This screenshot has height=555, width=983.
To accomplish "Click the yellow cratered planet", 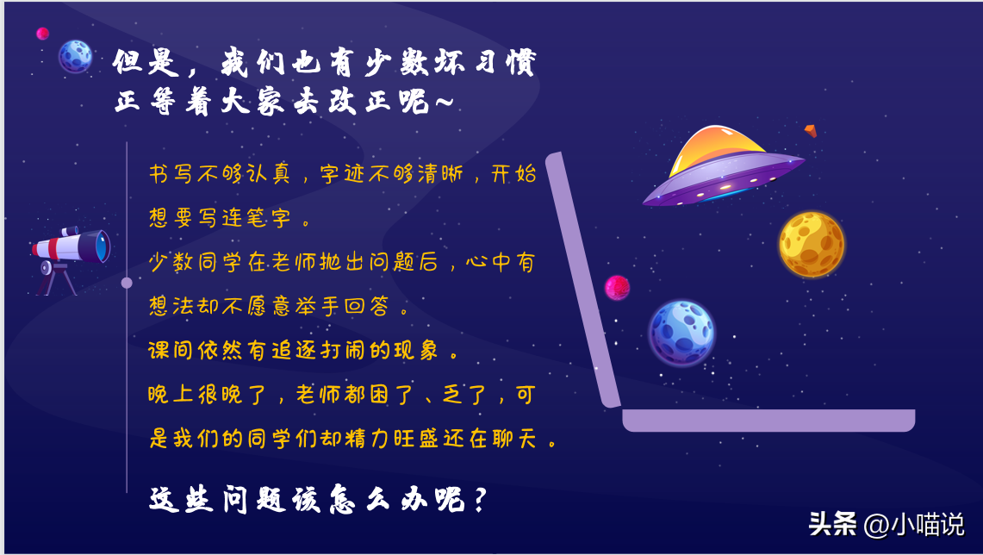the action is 812,244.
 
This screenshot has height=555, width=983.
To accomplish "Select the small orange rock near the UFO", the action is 811,130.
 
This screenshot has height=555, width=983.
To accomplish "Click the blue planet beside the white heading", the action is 75,56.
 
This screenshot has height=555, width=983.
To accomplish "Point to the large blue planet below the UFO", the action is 681,333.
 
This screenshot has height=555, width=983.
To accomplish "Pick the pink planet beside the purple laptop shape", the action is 617,288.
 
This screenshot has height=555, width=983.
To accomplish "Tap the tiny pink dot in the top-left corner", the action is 42,34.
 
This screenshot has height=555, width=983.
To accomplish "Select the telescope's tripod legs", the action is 56,280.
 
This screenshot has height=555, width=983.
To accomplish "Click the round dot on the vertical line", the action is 127,283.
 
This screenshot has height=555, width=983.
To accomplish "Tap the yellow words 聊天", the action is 514,439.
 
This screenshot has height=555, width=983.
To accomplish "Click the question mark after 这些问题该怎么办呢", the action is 480,500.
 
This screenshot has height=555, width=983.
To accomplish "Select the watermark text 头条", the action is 832,524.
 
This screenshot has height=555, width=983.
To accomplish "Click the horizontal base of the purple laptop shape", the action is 768,421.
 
